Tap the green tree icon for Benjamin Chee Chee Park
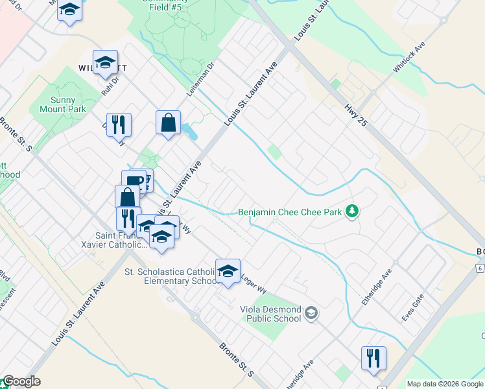pyautogui.click(x=352, y=211)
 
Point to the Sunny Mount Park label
pyautogui.click(x=67, y=104)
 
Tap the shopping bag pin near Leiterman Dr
pyautogui.click(x=168, y=123)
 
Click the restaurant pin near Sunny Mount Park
pyautogui.click(x=119, y=124)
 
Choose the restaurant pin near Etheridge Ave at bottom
pyautogui.click(x=373, y=358)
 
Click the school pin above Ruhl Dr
pyautogui.click(x=105, y=62)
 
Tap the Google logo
pyautogui.click(x=21, y=381)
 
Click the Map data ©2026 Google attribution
pyautogui.click(x=445, y=384)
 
